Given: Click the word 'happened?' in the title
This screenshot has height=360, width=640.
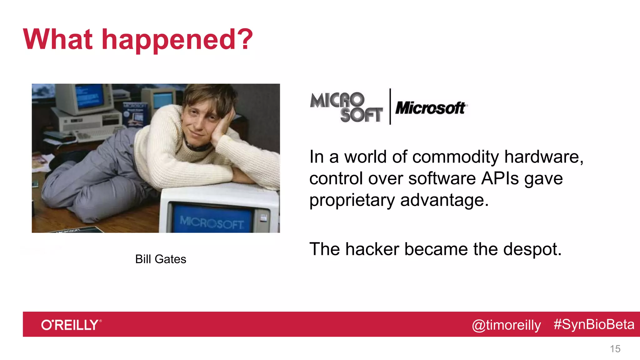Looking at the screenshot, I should point(177,40).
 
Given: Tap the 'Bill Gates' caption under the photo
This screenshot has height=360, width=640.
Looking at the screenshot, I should point(161,259).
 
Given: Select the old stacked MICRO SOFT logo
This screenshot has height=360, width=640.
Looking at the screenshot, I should point(346,107).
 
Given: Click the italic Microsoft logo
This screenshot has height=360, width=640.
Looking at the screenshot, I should point(431,108).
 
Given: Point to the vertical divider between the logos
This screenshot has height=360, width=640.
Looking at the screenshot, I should point(390,107).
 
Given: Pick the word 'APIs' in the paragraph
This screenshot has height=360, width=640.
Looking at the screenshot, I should point(500,178).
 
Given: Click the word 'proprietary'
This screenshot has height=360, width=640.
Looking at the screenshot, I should point(352,200).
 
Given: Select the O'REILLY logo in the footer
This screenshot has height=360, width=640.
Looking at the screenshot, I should point(71,325).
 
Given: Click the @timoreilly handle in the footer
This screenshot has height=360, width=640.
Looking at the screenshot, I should point(506,325).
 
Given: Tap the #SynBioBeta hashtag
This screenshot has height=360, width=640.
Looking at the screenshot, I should point(594,324).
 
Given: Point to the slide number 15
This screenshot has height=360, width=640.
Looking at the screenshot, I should point(615,349).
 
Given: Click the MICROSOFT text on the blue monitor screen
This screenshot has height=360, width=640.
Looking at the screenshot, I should point(212,222).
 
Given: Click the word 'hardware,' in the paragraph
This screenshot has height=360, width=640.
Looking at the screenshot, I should point(544,157).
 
